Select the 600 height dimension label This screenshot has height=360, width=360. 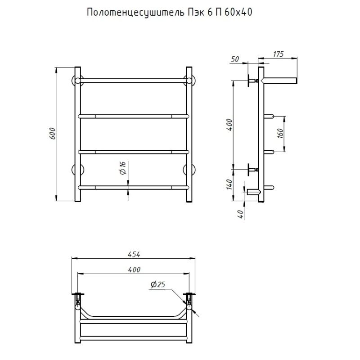53,134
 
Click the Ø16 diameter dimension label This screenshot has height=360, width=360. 122,168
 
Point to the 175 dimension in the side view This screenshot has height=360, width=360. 278,54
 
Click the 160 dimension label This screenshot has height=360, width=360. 280,134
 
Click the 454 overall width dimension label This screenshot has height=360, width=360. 134,254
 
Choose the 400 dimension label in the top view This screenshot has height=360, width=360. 134,270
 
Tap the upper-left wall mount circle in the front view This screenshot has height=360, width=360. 77,81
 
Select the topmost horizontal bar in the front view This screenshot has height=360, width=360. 133,81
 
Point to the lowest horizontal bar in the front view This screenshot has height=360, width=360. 133,186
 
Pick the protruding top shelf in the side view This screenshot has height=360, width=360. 281,81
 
